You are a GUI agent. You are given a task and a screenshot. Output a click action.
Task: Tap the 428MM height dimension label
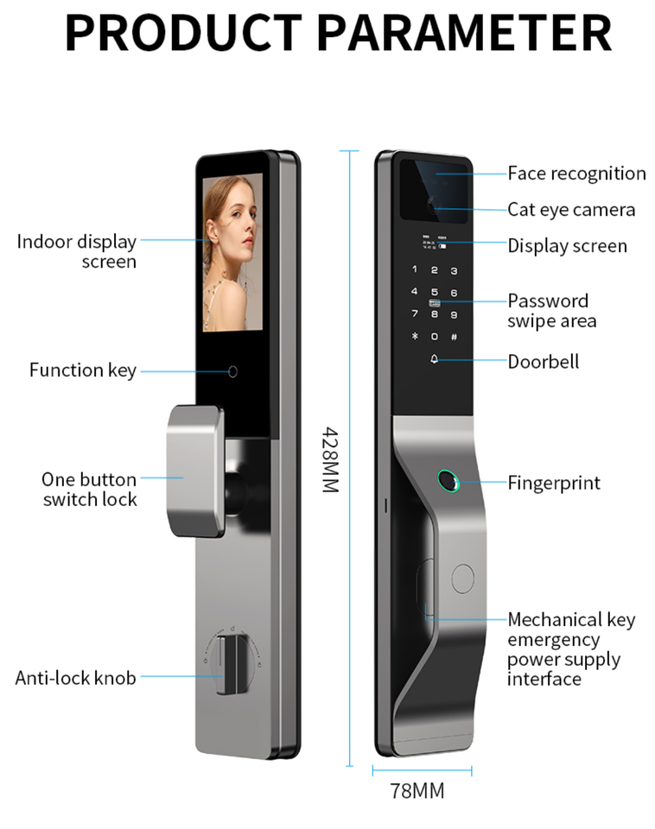[x=329, y=459]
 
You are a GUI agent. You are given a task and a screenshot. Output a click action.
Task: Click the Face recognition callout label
[x=576, y=174]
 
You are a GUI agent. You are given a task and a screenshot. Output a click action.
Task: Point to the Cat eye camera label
[x=571, y=210]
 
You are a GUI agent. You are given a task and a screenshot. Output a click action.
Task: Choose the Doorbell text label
[x=544, y=361]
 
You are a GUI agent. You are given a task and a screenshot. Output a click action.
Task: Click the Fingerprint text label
[x=554, y=482]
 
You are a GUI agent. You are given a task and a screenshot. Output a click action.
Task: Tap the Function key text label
[x=83, y=370]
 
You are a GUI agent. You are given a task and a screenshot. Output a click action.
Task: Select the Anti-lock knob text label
[x=76, y=678]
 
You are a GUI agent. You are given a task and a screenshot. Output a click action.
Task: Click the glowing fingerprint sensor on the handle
[x=448, y=480]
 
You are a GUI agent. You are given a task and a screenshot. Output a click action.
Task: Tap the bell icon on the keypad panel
[x=435, y=360]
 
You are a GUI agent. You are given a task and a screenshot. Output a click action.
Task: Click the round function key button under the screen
[x=232, y=372]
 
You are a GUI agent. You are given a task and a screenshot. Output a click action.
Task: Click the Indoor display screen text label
[x=76, y=251]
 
